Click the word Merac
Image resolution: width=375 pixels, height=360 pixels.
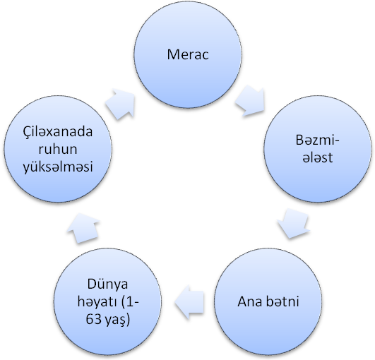[x=188, y=54]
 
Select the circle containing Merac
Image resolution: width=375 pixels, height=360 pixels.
[x=188, y=54]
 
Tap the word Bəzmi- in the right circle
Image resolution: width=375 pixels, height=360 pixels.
[x=317, y=140]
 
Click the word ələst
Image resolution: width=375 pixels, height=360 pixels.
[x=318, y=157]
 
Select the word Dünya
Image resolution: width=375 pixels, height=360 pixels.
[x=107, y=284]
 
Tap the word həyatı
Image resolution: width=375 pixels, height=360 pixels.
[x=97, y=302]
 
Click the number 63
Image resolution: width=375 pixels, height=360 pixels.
[x=94, y=319]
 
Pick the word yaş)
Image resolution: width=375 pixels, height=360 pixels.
[x=118, y=320]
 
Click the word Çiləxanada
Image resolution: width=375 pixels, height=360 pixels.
[x=58, y=131]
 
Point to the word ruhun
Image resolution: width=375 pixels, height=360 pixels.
[x=58, y=149]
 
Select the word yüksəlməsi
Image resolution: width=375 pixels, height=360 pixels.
[x=58, y=167]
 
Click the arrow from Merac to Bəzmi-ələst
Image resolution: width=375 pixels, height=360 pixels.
[x=251, y=102]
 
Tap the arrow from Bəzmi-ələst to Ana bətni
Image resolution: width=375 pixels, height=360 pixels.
[x=293, y=223]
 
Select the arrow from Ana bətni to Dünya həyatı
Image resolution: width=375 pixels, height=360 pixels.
[x=189, y=301]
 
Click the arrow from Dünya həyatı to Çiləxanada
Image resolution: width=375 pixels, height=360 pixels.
[x=83, y=228]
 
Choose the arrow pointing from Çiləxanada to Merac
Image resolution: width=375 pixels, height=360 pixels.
[x=120, y=104]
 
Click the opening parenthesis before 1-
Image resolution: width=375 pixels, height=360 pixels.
[x=124, y=303]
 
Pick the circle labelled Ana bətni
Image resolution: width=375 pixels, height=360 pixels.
[x=268, y=301]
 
